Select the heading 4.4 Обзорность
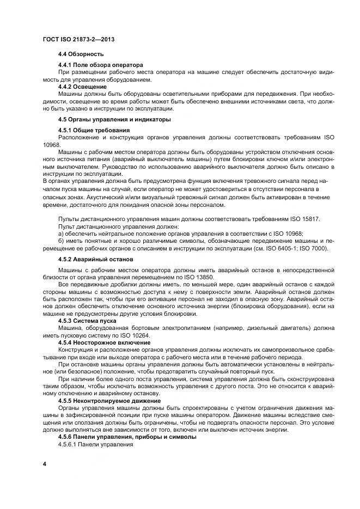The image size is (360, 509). (81, 54)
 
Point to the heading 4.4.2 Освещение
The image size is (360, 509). (82, 86)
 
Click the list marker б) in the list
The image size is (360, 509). (61, 241)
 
